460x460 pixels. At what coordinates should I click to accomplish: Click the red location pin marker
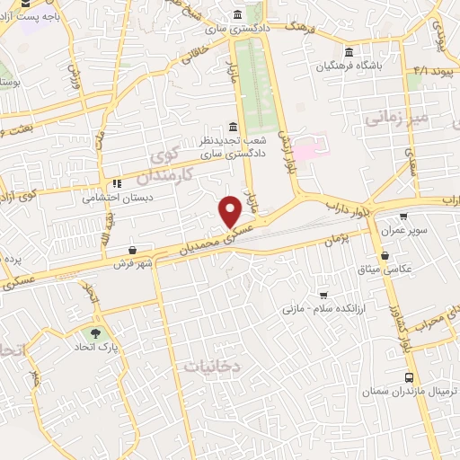231,210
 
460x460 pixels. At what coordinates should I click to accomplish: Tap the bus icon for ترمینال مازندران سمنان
410,377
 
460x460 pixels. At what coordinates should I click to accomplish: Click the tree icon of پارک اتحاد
95,332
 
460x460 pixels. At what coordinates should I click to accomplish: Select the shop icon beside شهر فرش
134,250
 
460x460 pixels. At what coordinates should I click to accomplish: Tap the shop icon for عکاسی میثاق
385,256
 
